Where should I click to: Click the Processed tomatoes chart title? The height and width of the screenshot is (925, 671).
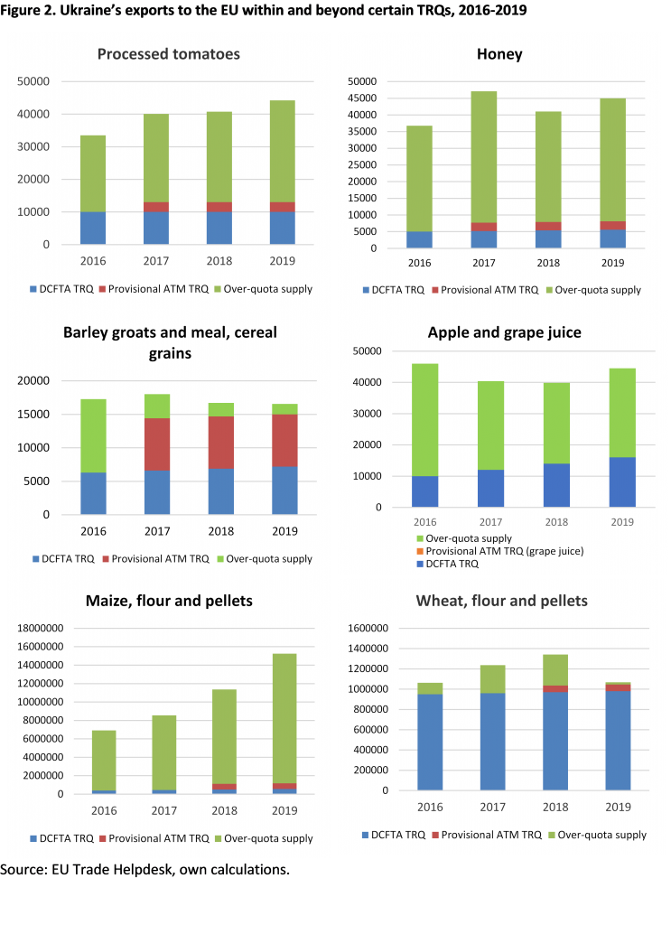tap(169, 54)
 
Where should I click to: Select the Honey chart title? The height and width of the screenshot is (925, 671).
tap(499, 54)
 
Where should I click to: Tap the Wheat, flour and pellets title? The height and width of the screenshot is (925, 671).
tap(501, 601)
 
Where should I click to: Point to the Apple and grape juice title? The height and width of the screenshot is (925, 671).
tap(504, 332)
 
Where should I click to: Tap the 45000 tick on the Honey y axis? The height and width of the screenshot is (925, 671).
tap(364, 98)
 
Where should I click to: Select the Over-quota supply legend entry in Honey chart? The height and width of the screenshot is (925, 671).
tap(597, 290)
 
